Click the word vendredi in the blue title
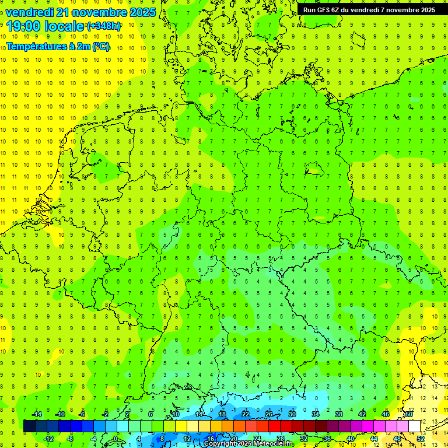(30, 12)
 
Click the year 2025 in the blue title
(139, 12)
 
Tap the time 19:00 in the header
(24, 26)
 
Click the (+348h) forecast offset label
(104, 26)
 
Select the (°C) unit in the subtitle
(100, 46)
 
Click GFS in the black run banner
(325, 10)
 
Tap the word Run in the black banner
(310, 10)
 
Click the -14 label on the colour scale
(36, 414)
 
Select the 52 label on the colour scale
(421, 438)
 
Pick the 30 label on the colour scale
(292, 414)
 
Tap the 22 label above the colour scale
(246, 414)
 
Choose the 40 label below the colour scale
(351, 438)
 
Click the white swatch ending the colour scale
(415, 426)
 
